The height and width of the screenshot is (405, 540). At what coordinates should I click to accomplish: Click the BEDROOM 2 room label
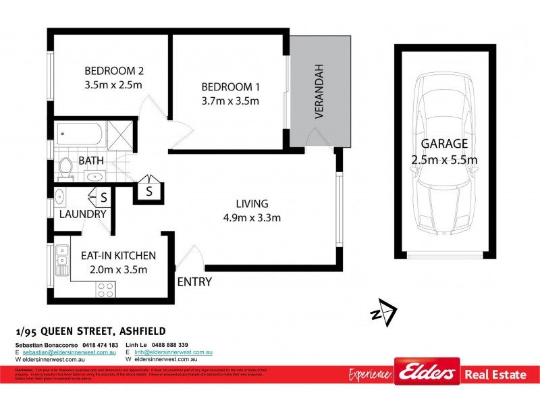pos(115,70)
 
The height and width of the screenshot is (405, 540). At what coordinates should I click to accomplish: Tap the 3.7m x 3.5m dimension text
pos(230,101)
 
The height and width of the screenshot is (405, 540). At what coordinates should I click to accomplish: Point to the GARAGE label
pos(444,144)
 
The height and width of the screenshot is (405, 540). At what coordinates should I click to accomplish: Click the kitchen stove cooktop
pos(105,290)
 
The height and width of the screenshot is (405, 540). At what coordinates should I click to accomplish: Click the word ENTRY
pos(194,282)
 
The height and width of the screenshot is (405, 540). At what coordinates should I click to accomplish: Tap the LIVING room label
pos(252,203)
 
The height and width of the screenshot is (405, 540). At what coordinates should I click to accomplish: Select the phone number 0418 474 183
pos(99,346)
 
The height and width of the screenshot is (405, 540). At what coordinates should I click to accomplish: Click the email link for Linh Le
pos(173,353)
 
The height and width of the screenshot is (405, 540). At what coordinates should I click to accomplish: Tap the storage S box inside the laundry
pos(103,198)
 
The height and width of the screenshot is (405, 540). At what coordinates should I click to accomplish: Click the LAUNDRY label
pos(83,215)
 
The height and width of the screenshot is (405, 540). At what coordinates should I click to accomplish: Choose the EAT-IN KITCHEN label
pos(118,256)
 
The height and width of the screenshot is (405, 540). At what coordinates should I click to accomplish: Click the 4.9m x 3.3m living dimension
pos(252,217)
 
